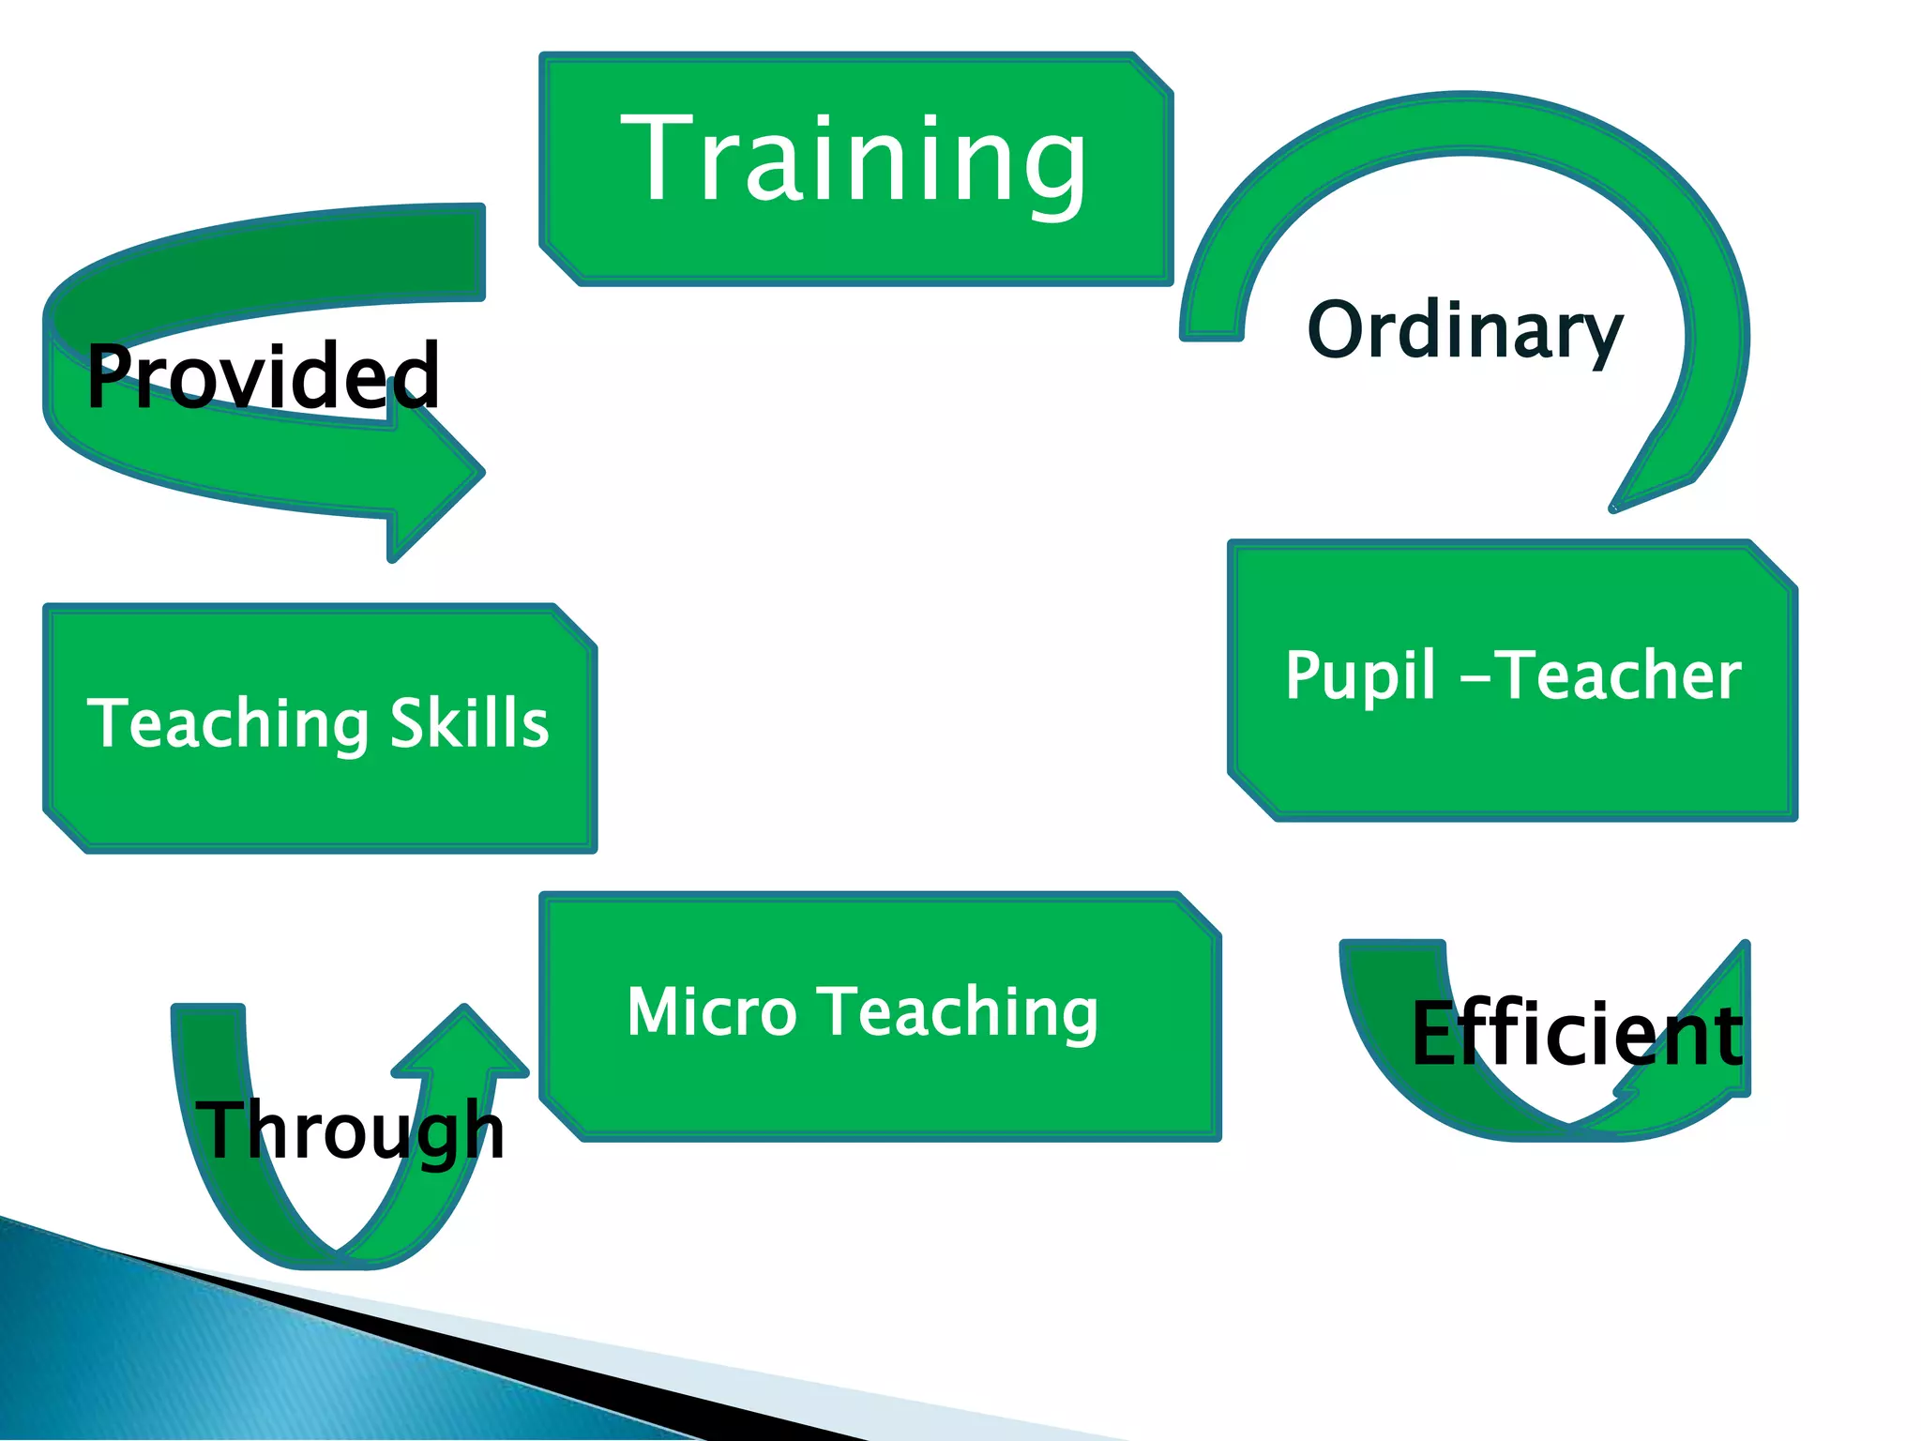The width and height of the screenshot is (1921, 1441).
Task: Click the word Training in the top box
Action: coord(854,159)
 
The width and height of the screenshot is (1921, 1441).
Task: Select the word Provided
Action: coord(263,375)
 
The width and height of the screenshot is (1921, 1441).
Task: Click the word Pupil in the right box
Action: coord(1360,675)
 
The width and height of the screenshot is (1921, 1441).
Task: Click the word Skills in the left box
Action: coord(469,723)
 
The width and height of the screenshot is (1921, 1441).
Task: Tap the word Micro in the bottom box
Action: coord(711,1012)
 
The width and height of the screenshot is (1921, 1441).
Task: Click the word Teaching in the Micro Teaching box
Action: coord(960,1012)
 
